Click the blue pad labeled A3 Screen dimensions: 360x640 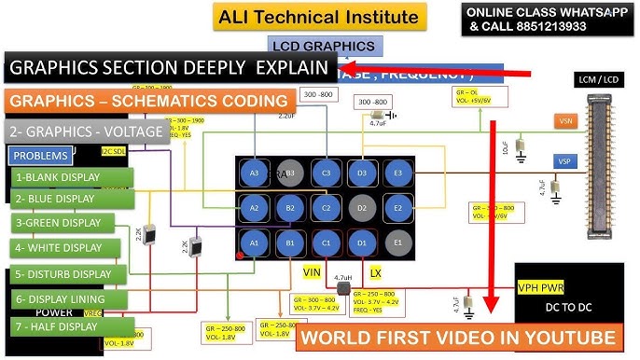254,173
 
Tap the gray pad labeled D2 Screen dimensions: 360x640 363,207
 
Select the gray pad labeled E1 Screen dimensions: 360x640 398,242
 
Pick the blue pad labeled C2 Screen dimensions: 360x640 326,207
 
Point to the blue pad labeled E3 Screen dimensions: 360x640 398,173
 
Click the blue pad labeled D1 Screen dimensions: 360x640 363,242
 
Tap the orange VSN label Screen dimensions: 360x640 564,122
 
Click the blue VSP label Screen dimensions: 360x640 563,161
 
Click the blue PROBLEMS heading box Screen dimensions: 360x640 41,155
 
